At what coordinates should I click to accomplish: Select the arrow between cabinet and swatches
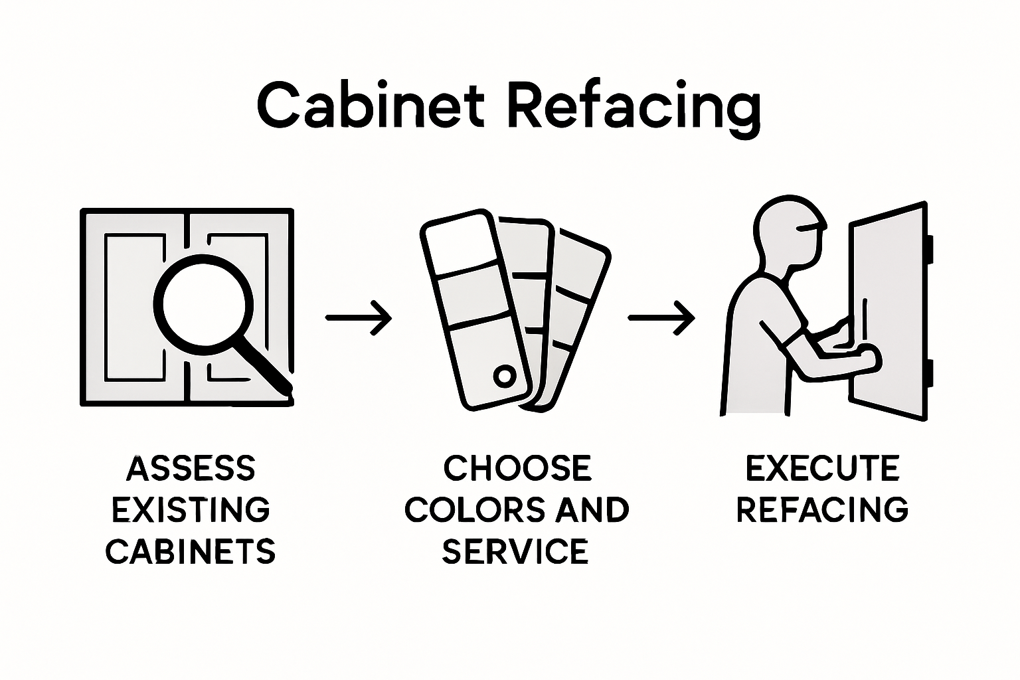(x=359, y=318)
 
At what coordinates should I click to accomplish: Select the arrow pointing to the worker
(x=661, y=318)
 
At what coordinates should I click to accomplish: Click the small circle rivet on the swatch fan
(x=504, y=377)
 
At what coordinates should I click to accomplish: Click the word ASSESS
(x=191, y=468)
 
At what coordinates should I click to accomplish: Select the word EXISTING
(x=191, y=510)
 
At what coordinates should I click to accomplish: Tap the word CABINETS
(x=191, y=551)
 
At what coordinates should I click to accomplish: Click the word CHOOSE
(x=517, y=468)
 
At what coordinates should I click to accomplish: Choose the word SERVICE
(x=515, y=551)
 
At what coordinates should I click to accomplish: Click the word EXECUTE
(x=822, y=468)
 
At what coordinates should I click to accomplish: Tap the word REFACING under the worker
(x=822, y=510)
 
